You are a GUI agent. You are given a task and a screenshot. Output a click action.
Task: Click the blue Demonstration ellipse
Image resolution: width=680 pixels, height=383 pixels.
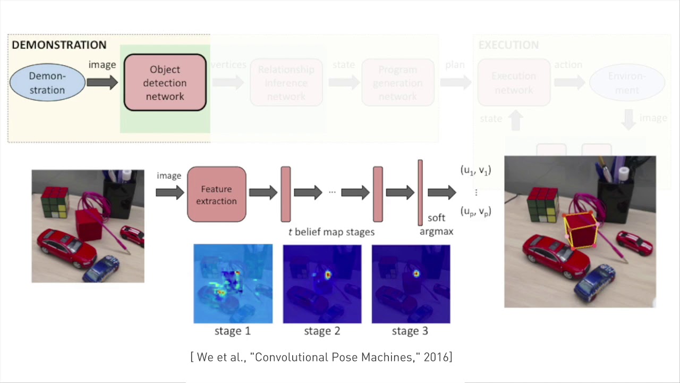coord(47,82)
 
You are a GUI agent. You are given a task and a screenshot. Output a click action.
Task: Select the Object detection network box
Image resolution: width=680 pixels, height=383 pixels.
coord(165,82)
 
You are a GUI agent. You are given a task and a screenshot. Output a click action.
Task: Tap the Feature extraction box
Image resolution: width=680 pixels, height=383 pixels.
coord(216,195)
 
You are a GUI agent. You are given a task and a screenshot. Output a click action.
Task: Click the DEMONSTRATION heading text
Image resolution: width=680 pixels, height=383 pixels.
coord(59,45)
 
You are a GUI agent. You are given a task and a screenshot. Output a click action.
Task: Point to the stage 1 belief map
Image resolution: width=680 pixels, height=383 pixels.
coord(233,284)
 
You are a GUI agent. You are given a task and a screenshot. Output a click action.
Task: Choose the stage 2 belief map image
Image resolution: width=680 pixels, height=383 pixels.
coord(322,284)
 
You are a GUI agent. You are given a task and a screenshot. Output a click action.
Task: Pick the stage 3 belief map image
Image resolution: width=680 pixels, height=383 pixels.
coord(411,284)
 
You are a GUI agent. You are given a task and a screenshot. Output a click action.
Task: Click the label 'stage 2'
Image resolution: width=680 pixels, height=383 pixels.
coord(321,331)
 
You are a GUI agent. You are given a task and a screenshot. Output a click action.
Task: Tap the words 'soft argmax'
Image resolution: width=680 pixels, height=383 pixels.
coord(436,224)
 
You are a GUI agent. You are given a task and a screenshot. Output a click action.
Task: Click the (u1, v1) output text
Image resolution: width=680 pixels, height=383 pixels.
coord(475,170)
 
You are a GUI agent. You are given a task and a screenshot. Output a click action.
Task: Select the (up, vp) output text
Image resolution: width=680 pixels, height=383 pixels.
coord(475,211)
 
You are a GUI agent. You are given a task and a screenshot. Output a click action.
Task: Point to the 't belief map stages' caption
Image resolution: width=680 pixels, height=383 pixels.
coord(331,232)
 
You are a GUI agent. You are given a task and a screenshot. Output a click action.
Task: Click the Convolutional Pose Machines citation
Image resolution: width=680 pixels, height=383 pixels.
coord(321,357)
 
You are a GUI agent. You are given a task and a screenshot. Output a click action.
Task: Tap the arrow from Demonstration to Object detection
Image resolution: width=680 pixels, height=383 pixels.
coord(103,82)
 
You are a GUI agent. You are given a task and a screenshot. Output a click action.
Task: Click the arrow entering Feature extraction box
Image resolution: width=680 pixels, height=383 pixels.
coord(169,192)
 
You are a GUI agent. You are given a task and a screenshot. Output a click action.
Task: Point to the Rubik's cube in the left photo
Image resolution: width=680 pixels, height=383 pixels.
coord(55,202)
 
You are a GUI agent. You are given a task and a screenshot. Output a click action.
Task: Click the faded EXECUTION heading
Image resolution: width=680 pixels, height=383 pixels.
coord(508,45)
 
